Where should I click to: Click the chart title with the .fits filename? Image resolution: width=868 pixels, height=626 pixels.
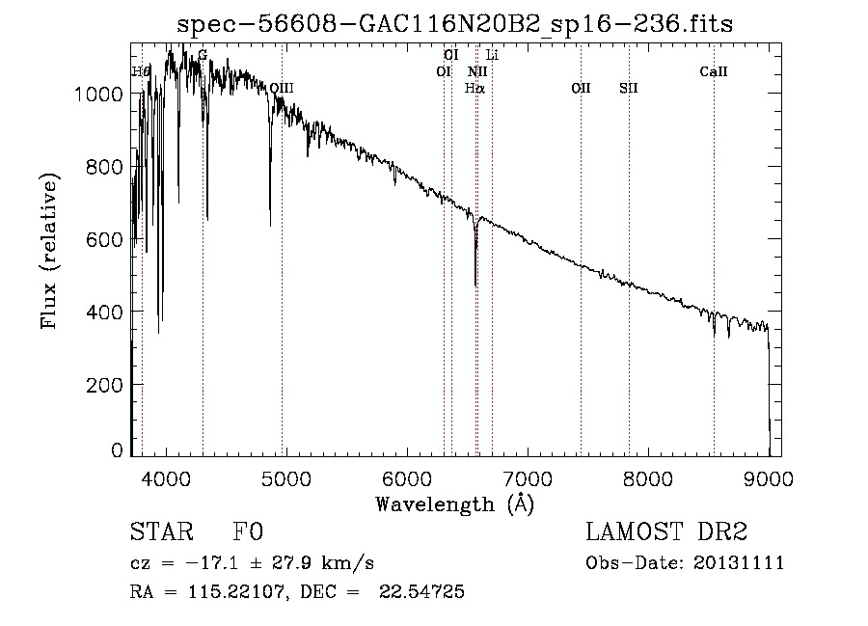point(455,24)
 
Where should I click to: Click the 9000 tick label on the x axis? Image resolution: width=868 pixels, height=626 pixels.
point(769,477)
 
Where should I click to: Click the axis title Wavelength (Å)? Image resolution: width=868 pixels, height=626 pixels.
point(454,504)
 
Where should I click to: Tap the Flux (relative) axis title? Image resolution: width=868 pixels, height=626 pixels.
point(49,250)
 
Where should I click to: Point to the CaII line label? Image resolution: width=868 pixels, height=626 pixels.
point(714,71)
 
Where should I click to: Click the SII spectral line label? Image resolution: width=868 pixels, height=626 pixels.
point(629,88)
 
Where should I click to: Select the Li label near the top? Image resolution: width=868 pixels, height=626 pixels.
point(492,55)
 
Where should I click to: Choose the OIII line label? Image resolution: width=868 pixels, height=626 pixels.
point(281,88)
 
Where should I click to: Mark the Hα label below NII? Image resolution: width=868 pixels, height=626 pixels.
point(475,88)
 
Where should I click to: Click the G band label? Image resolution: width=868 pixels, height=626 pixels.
point(203,55)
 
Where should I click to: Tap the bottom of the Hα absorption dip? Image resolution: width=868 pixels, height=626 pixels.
point(475,285)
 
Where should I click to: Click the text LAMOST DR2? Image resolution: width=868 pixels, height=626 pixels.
point(666,532)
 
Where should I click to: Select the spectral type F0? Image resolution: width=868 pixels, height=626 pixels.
point(248,532)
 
